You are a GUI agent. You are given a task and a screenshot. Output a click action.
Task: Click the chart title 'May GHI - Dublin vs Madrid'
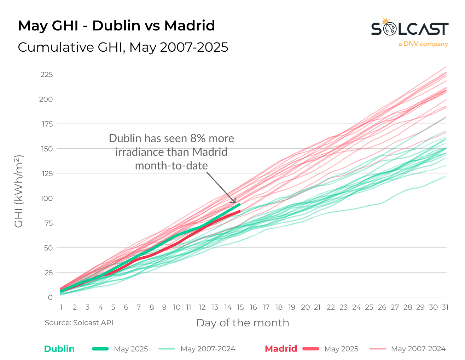point(116,26)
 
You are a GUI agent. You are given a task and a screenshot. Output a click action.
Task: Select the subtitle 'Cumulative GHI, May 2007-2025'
point(123,47)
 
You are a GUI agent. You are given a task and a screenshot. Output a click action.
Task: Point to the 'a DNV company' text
point(423,44)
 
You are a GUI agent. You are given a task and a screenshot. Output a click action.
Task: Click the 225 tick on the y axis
point(47,75)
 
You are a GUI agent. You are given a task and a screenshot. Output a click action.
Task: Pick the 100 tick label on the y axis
point(47,199)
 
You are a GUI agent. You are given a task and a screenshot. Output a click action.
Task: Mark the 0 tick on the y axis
point(50,298)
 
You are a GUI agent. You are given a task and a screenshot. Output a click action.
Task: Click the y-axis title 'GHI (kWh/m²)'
point(19,191)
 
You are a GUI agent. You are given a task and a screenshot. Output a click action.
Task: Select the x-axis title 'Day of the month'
point(243,323)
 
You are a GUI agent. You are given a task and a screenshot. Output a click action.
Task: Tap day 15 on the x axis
point(240,307)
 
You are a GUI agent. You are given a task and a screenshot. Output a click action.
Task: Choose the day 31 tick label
point(445,307)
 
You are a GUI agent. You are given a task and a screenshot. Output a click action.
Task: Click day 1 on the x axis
point(61,307)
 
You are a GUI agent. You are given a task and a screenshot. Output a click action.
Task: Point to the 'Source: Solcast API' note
point(79,323)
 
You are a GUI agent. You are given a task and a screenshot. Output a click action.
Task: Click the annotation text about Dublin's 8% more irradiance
point(172,152)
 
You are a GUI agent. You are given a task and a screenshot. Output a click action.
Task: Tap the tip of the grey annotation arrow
point(235,203)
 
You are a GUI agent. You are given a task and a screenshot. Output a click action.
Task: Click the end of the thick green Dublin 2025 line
point(240,204)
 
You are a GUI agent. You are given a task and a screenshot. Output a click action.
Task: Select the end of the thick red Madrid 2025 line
point(240,211)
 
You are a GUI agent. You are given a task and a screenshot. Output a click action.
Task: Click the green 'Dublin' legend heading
point(59,349)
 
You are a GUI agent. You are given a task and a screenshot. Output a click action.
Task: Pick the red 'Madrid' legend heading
point(281,349)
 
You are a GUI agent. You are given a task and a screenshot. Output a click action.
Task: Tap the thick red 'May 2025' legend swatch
point(311,349)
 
